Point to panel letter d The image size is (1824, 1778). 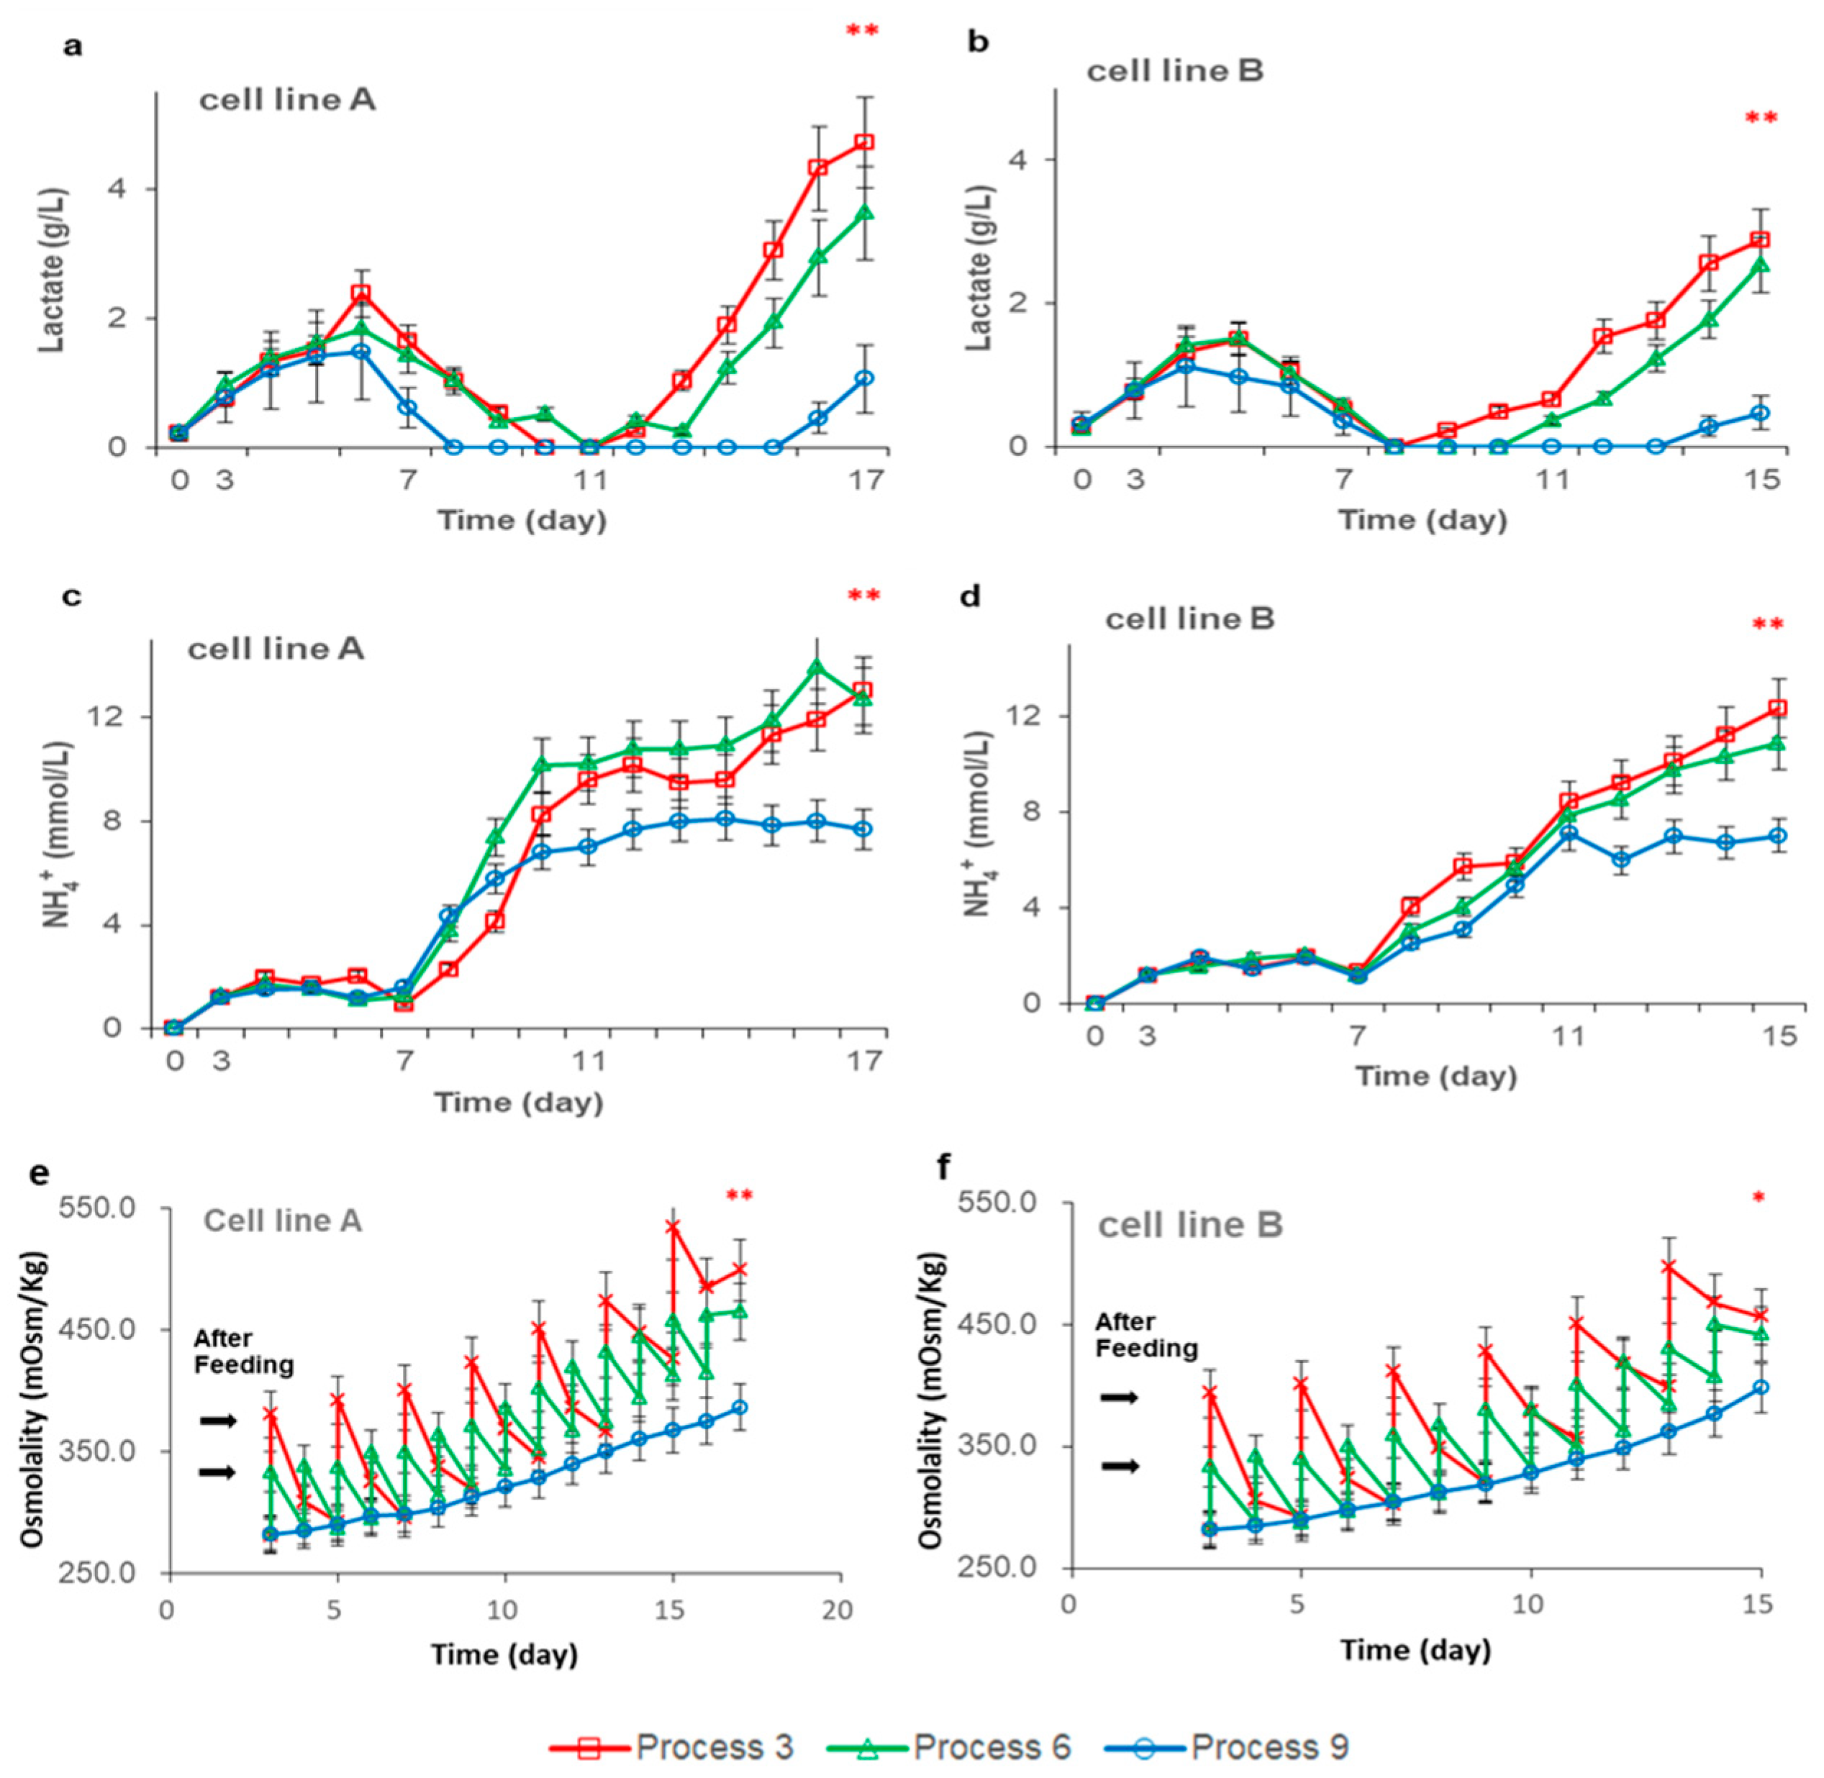coord(971,596)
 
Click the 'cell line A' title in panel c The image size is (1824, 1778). coord(276,648)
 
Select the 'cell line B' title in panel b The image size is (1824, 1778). coord(1175,71)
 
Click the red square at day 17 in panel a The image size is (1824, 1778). coord(864,142)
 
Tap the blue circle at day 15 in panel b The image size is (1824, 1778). coord(1759,413)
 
